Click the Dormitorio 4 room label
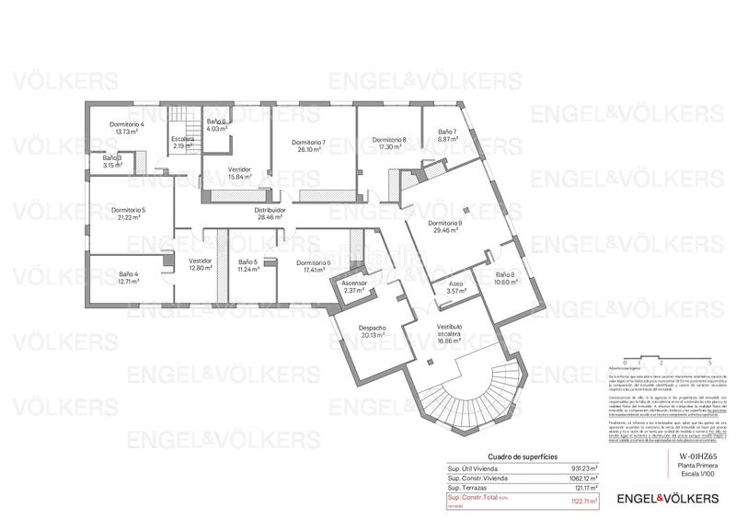tap(128, 124)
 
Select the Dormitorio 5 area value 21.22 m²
tap(128, 218)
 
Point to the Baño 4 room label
tap(128, 273)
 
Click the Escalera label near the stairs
tap(182, 139)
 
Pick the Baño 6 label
tap(216, 121)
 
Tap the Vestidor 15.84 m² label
tap(240, 169)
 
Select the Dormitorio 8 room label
tap(389, 140)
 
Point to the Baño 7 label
tap(447, 132)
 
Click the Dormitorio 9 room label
tap(445, 224)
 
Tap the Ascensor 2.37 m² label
tap(353, 283)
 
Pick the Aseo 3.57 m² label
tap(455, 283)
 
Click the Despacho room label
tap(373, 329)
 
